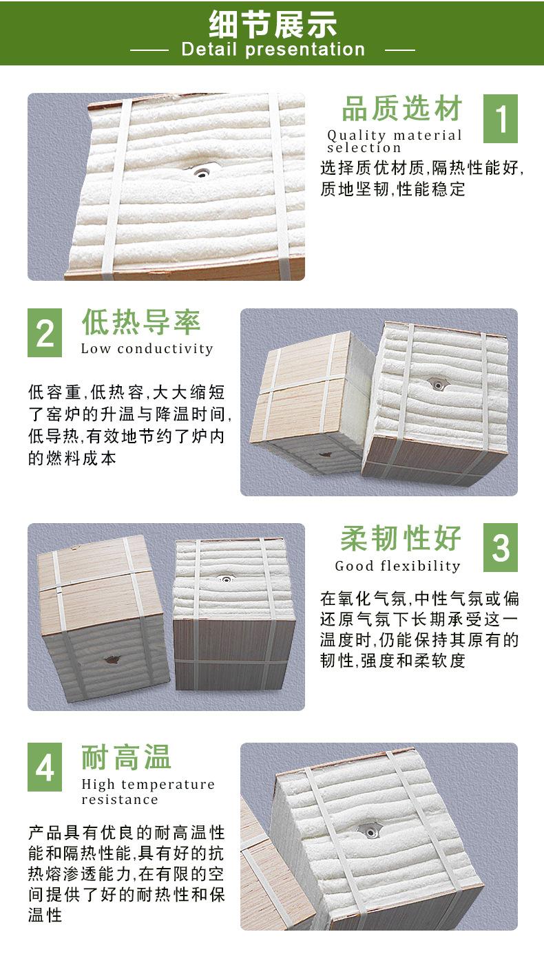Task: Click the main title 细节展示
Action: tap(272, 24)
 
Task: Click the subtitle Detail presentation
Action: tap(273, 50)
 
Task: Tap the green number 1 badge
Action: tap(500, 119)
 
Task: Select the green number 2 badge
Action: tap(45, 332)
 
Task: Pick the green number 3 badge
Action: tap(500, 547)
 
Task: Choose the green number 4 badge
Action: tap(45, 767)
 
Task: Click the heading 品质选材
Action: tap(403, 110)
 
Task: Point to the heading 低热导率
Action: tap(141, 322)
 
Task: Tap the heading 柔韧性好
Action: tap(401, 539)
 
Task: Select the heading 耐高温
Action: tap(127, 757)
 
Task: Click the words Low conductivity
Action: tap(147, 348)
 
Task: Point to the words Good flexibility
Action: tap(397, 566)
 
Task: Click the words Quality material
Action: tap(395, 136)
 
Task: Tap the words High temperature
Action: tap(148, 785)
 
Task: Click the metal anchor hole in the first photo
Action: tap(202, 171)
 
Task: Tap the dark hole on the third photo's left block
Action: tap(110, 660)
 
